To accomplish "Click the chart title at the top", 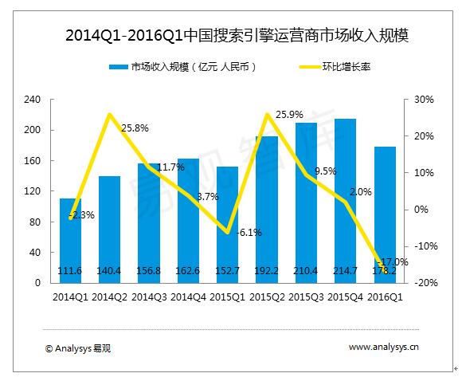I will pyautogui.click(x=231, y=34).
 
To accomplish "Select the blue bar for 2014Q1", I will pyautogui.click(x=70, y=239).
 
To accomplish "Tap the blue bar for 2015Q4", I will pyautogui.click(x=345, y=199).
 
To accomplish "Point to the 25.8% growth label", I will pyautogui.click(x=135, y=128).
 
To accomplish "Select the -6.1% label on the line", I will pyautogui.click(x=249, y=233).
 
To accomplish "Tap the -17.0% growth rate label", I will pyautogui.click(x=393, y=261).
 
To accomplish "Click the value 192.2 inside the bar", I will pyautogui.click(x=267, y=271).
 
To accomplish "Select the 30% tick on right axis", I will pyautogui.click(x=423, y=100).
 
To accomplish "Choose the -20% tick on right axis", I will pyautogui.click(x=422, y=283).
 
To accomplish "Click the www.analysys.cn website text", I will pyautogui.click(x=384, y=347).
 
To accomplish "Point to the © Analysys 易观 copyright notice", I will pyautogui.click(x=77, y=348).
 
